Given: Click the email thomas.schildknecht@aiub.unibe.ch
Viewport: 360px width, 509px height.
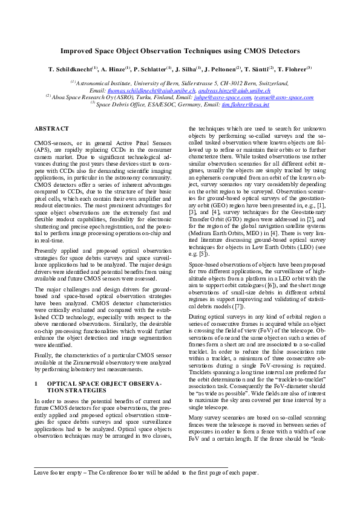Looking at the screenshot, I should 142,89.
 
